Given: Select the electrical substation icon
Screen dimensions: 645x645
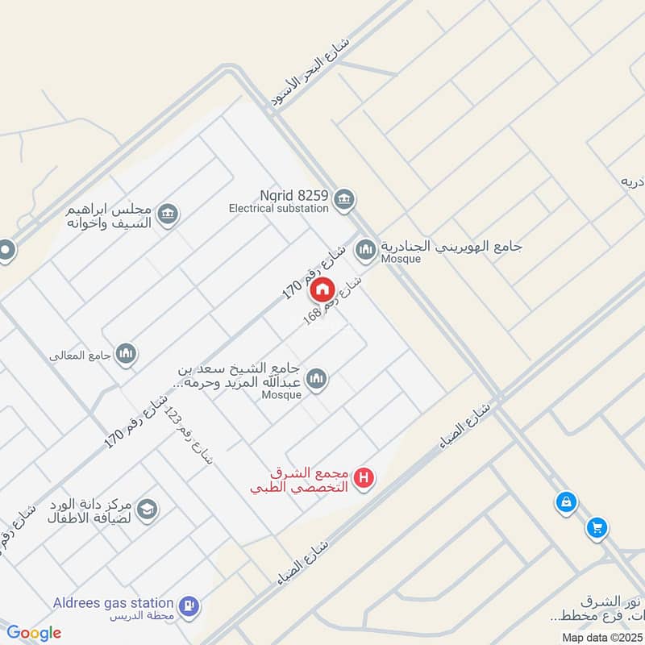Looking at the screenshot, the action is [344, 199].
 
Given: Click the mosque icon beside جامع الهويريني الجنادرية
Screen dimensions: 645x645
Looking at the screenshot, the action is [366, 251].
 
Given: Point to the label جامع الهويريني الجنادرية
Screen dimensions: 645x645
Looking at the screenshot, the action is [431, 245].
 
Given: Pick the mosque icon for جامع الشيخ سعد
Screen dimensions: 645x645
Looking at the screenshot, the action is [317, 379].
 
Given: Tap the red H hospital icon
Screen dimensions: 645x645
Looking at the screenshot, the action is [365, 478].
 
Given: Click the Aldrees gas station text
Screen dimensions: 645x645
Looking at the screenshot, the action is [114, 603].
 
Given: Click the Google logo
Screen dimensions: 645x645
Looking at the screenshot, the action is [34, 633].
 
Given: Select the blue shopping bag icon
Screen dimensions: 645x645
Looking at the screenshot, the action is [567, 502].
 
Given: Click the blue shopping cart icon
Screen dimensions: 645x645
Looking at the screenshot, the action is [597, 527].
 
